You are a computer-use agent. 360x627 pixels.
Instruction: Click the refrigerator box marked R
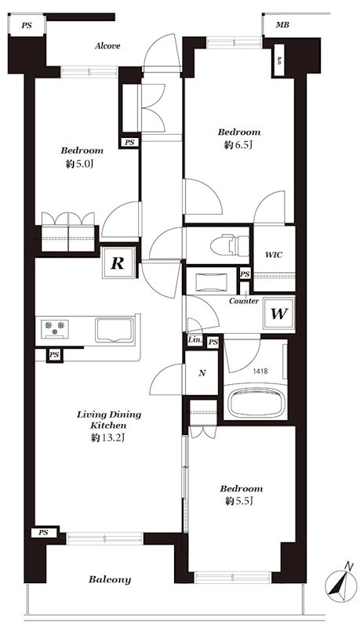(x=118, y=263)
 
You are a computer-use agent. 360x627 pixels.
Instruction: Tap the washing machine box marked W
(x=279, y=314)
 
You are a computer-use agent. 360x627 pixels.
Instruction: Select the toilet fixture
(x=230, y=245)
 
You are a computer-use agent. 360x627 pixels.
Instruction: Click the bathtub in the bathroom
(x=256, y=401)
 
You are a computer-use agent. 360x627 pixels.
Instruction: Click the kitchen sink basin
(x=114, y=330)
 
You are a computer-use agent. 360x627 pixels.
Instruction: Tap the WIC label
(x=274, y=255)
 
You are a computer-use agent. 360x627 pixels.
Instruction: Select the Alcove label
(x=107, y=46)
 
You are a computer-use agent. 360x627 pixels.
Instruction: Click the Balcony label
(x=110, y=579)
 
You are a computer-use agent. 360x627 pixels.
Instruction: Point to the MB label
(x=282, y=25)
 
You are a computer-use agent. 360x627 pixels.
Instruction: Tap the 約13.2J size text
(x=108, y=438)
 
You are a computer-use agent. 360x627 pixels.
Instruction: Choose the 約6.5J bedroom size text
(x=238, y=145)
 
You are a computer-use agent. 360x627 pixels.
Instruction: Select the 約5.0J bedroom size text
(x=82, y=164)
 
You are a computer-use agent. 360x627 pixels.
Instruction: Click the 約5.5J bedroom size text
(x=238, y=501)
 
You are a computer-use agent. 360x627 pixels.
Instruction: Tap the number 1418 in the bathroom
(x=260, y=371)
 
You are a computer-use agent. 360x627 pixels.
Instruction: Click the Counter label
(x=244, y=301)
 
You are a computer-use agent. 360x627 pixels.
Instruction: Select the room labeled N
(x=202, y=373)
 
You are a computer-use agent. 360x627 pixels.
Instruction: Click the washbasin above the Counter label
(x=211, y=277)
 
